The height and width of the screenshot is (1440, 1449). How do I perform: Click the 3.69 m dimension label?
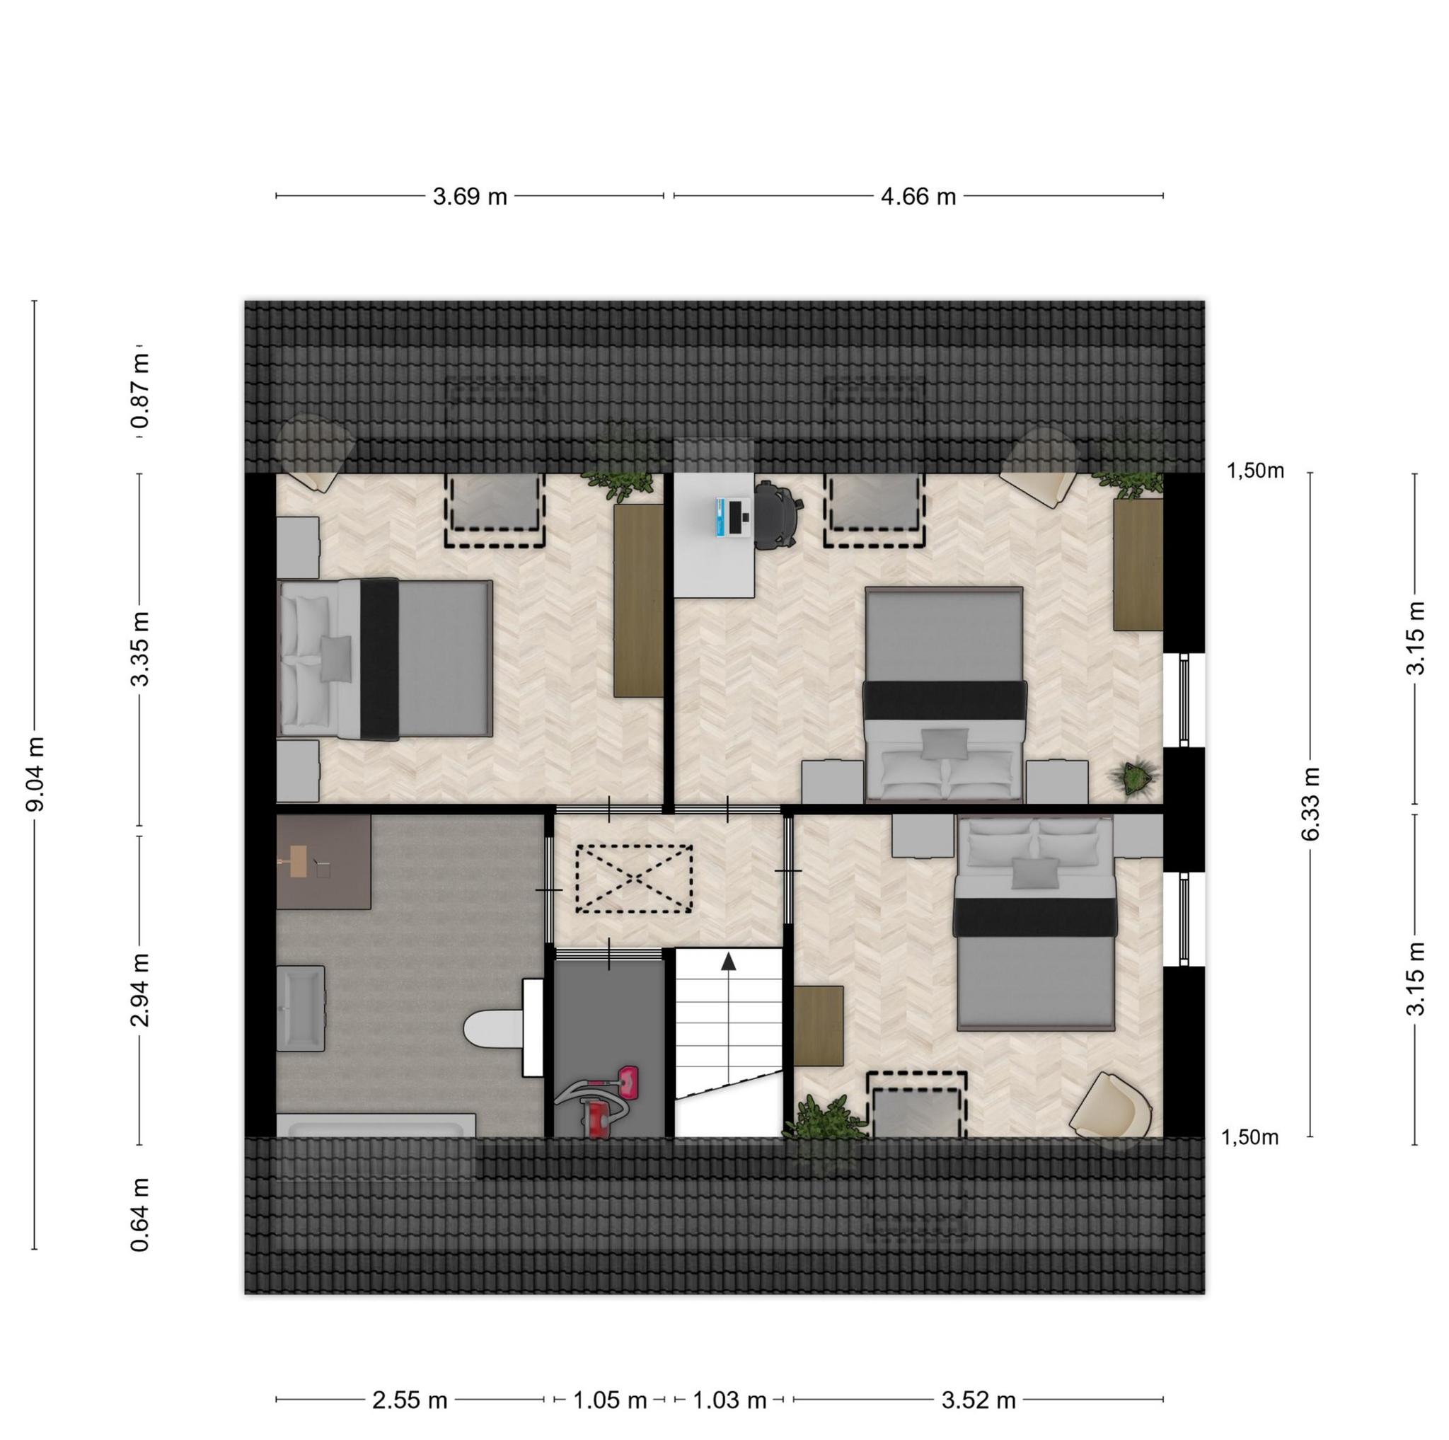tap(471, 197)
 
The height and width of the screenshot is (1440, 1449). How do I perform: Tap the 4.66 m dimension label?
tap(918, 197)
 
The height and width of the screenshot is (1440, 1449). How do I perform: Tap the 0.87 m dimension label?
tap(140, 391)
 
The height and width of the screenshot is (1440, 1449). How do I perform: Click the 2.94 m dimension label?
tap(140, 991)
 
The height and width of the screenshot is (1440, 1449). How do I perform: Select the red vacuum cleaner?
tap(599, 1101)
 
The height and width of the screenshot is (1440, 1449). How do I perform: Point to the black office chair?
tap(778, 515)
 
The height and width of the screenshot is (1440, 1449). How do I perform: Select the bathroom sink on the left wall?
tap(301, 1008)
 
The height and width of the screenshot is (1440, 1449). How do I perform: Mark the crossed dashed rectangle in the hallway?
tap(634, 878)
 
